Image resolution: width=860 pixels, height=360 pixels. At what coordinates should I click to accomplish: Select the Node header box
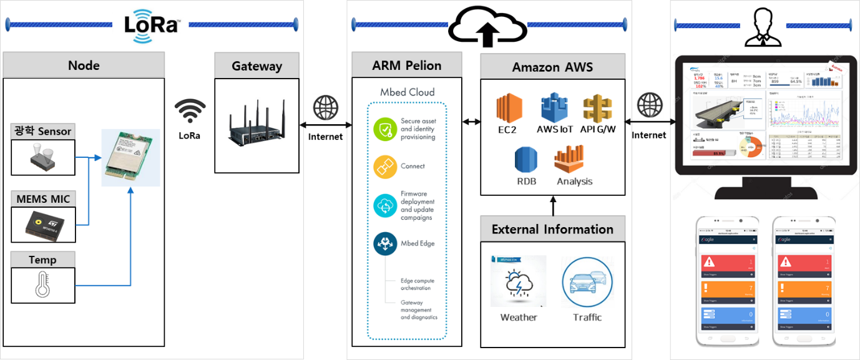click(84, 66)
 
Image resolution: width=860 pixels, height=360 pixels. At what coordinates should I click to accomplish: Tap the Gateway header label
click(257, 66)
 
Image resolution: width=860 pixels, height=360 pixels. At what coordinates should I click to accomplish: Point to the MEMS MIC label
click(43, 199)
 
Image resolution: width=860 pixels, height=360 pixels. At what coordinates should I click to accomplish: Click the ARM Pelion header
click(406, 66)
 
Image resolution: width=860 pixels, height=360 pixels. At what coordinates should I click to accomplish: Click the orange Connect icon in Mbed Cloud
click(384, 167)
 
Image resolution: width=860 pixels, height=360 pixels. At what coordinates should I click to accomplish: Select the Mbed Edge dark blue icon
click(384, 244)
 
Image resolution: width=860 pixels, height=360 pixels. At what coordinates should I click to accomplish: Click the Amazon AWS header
click(552, 67)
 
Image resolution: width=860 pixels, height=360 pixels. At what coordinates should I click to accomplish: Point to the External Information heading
click(552, 229)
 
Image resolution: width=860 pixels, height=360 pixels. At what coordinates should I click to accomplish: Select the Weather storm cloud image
click(518, 281)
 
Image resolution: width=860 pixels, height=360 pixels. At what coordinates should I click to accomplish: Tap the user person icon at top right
click(761, 27)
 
